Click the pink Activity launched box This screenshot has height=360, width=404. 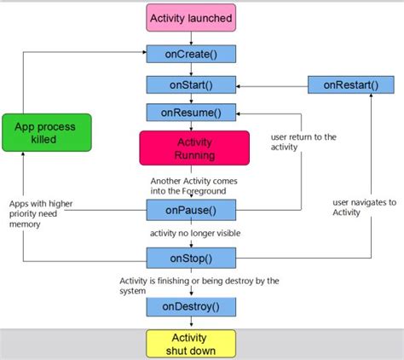191,18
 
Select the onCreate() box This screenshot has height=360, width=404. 191,55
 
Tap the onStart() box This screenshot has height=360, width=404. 191,84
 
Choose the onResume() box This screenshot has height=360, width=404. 191,113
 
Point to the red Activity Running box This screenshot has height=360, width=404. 194,148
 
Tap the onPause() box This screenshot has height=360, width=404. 191,210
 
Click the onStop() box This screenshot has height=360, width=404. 191,256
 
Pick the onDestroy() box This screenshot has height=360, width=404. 191,305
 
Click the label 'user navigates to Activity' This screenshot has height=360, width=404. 365,207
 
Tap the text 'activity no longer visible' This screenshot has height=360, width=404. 194,233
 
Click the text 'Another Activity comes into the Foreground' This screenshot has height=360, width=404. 194,187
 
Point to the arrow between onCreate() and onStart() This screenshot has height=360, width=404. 191,69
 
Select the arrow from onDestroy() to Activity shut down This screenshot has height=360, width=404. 191,322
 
